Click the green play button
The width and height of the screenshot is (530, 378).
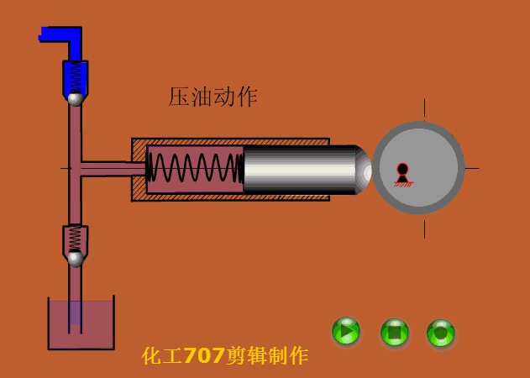coord(346,331)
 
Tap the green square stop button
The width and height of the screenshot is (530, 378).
coord(395,333)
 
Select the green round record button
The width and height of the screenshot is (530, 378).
coord(440,333)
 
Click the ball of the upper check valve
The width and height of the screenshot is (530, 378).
coord(75,99)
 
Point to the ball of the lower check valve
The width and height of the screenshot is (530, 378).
coord(76,259)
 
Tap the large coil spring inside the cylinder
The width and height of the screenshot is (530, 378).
coord(196,168)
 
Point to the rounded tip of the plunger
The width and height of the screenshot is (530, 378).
coord(364,170)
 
